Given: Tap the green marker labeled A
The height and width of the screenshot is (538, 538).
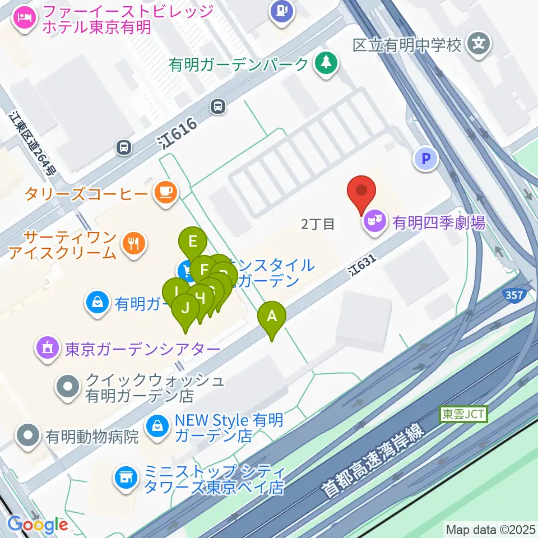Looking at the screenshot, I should (x=272, y=317).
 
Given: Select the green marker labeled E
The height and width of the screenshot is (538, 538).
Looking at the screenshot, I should (x=193, y=243).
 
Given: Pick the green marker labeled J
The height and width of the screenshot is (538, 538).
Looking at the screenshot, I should (x=185, y=308).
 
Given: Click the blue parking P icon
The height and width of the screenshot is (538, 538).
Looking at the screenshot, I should (x=426, y=159).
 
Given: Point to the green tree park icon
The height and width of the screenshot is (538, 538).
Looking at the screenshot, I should (x=325, y=63).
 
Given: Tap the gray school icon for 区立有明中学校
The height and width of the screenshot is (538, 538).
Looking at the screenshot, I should (x=479, y=42).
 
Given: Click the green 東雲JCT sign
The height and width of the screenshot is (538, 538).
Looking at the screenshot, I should (x=463, y=414).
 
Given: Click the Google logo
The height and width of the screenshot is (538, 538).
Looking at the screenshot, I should (x=37, y=525).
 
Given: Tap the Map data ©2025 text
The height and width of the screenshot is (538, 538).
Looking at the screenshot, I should (x=490, y=529).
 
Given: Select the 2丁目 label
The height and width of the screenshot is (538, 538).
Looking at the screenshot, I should (x=318, y=224).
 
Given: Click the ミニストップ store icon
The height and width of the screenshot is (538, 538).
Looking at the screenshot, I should (x=125, y=477).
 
